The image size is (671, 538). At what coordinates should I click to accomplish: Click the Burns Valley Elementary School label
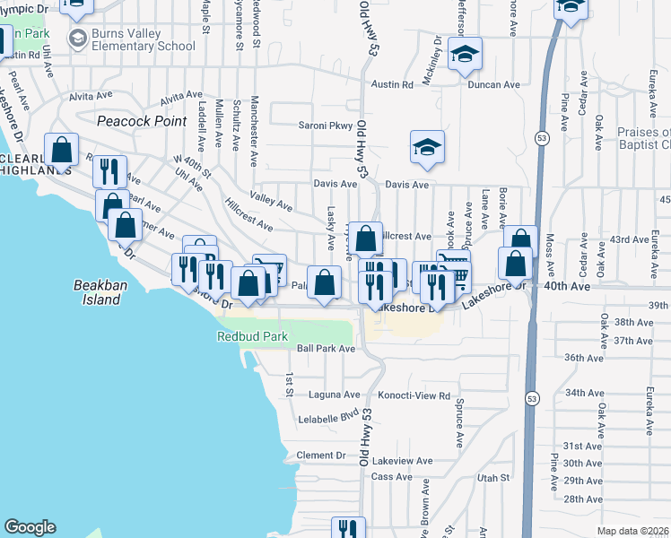click(143, 40)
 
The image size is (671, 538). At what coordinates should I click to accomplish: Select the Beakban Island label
click(96, 292)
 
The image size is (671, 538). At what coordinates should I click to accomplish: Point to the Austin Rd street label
click(394, 85)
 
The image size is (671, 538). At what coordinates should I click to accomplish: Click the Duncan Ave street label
click(493, 85)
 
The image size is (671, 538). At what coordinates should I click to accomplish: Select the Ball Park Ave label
click(327, 349)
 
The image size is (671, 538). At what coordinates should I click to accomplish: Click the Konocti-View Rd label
click(420, 395)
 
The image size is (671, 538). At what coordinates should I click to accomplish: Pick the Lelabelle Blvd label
click(330, 417)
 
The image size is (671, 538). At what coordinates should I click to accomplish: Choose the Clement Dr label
click(321, 456)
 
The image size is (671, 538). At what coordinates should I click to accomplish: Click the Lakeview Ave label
click(404, 461)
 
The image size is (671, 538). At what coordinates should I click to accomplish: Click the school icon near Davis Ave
click(428, 149)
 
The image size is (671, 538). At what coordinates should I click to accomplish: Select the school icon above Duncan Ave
click(466, 55)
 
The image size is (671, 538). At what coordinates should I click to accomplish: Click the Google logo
click(30, 527)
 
